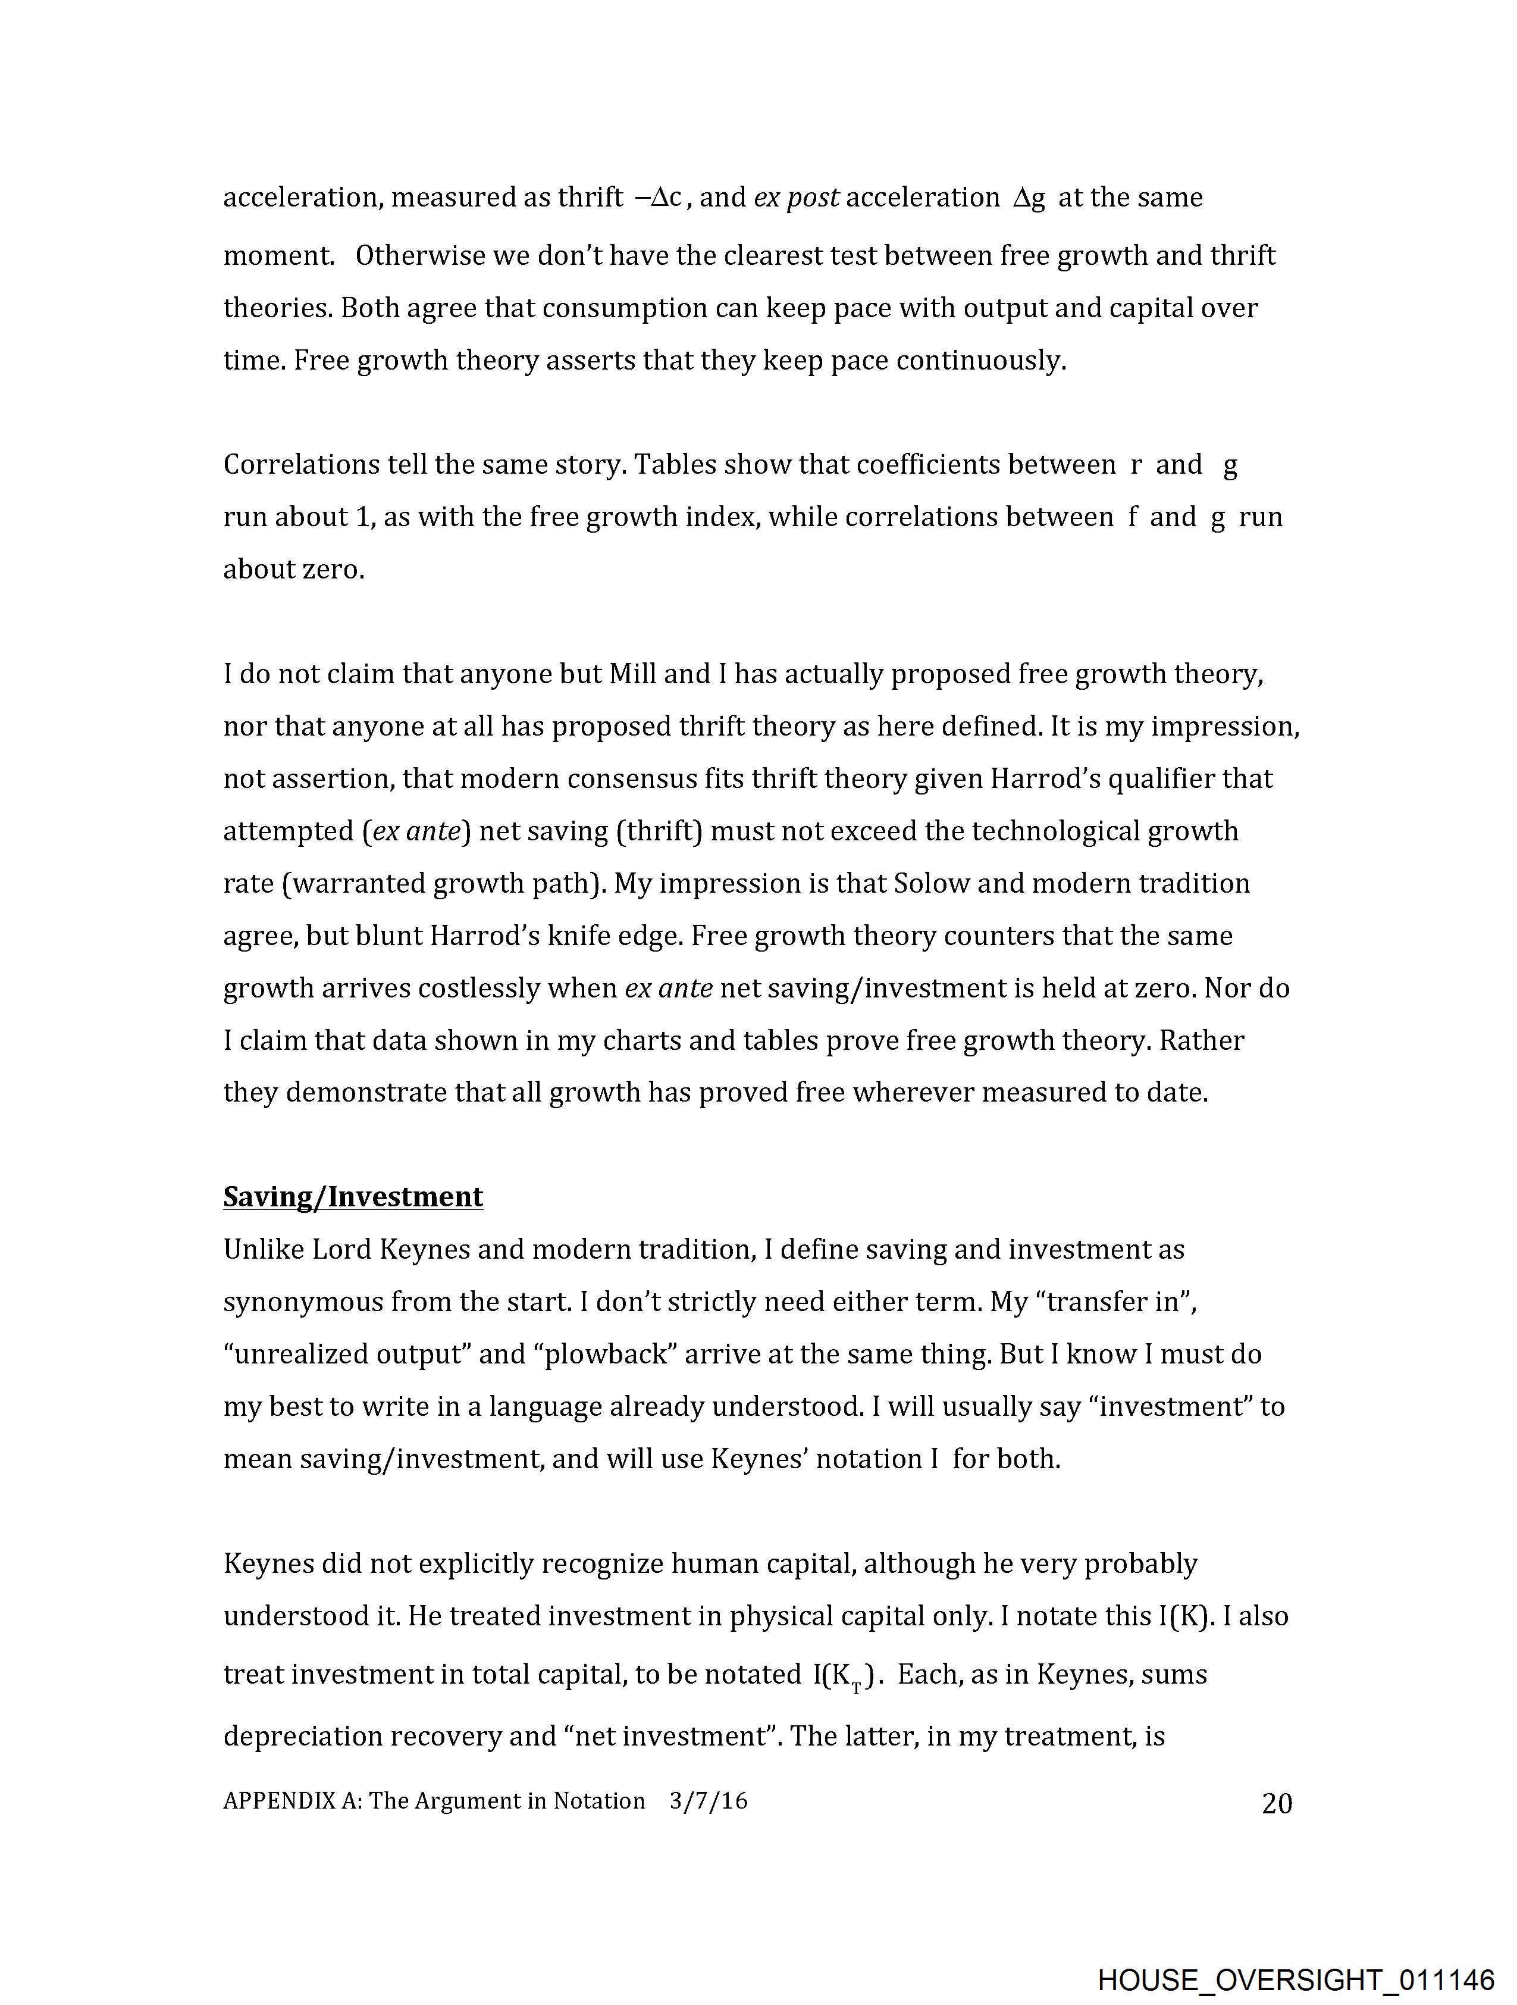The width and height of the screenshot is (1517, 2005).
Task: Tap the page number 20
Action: tap(1277, 1803)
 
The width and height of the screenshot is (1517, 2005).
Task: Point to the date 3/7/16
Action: tap(709, 1800)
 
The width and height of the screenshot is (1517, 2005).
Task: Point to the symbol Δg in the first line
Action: tap(1029, 198)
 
